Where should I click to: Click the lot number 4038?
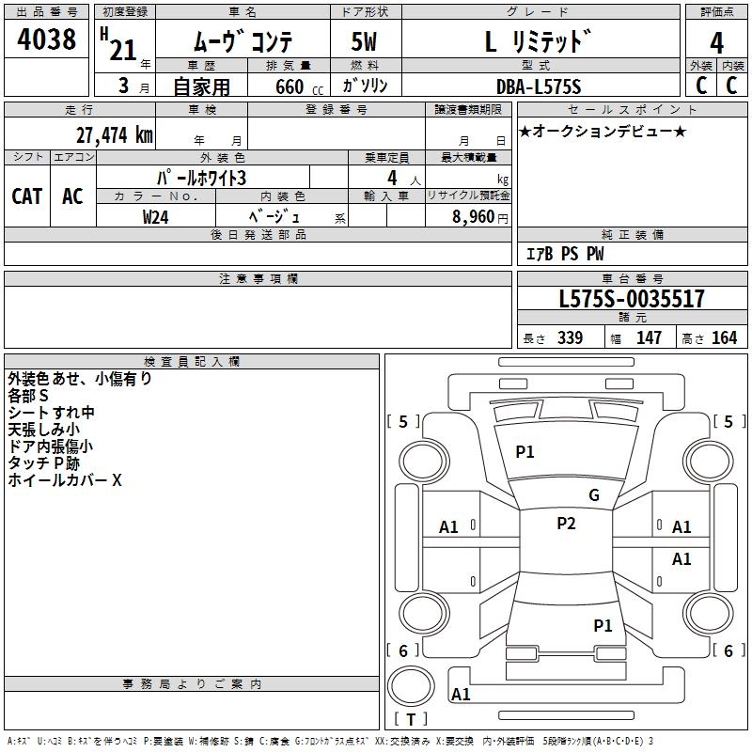coord(47,39)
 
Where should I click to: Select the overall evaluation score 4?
coord(717,42)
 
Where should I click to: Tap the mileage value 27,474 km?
coord(112,134)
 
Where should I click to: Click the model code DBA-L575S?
coord(539,86)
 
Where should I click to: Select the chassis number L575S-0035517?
coord(631,300)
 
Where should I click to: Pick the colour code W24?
coord(155,216)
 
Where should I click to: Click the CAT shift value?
coord(27,196)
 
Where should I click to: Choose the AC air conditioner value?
coord(72,196)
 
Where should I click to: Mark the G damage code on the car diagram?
coord(594,495)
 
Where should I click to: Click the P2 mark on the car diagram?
coord(566,524)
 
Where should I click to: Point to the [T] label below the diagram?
coord(410,719)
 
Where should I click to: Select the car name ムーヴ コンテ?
coord(243,42)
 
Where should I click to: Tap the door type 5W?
coord(366,42)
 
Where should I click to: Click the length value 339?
coord(570,338)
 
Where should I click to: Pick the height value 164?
coord(724,338)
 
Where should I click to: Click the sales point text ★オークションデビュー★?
coord(603,131)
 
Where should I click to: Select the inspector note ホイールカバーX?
coord(65,480)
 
